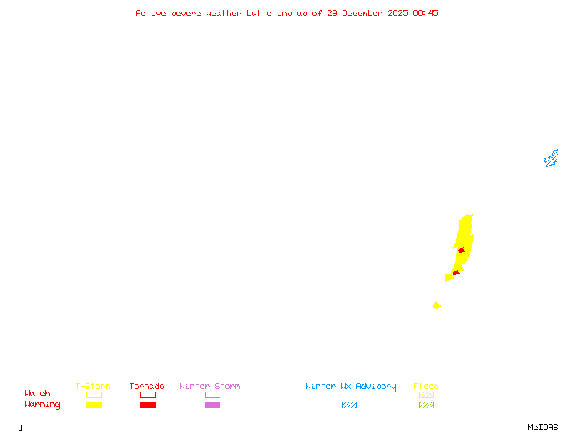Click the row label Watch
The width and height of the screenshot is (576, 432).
(37, 394)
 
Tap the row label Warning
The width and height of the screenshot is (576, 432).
(42, 405)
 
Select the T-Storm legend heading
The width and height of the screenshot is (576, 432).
(93, 387)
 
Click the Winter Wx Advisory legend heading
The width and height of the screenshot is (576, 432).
(351, 387)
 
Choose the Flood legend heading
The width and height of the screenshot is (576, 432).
(426, 387)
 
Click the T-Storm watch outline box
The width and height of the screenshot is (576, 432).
(94, 395)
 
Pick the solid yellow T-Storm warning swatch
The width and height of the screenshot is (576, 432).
(94, 405)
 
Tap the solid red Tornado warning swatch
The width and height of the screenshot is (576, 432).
(148, 405)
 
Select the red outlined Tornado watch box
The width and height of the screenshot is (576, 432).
(148, 395)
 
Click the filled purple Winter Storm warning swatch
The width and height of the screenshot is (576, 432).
(212, 405)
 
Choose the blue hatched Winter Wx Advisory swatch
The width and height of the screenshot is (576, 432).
(349, 405)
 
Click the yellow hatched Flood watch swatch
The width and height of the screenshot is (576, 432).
(426, 395)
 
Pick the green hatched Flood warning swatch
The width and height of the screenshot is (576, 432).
(426, 405)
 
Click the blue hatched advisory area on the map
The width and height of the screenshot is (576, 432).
(551, 159)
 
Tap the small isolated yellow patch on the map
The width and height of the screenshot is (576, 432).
(436, 305)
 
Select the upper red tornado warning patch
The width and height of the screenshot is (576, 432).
(462, 251)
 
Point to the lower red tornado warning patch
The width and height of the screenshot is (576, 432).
(456, 273)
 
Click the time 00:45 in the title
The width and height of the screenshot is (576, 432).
(426, 13)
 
